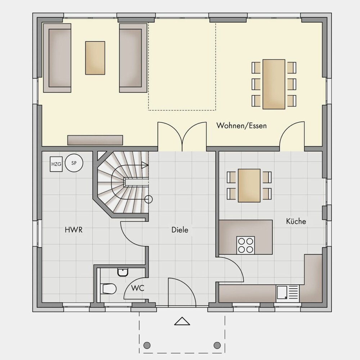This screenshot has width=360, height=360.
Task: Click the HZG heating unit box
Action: coord(56,164)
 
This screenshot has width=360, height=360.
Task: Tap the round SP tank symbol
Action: coord(74,163)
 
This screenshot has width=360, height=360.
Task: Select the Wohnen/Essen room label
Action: coord(242,126)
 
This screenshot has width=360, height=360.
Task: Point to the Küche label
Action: coord(296,221)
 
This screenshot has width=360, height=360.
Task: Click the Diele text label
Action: coord(180,230)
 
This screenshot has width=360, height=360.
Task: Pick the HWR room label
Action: coord(73,230)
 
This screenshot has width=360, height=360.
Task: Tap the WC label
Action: coord(138,288)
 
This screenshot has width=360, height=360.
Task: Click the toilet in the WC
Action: coord(108,289)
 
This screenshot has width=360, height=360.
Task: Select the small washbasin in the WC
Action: coord(123,272)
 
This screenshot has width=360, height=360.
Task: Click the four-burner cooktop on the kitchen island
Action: coord(246,245)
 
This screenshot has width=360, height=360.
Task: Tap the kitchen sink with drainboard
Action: coord(288,294)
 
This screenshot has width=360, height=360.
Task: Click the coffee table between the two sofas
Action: coord(95,58)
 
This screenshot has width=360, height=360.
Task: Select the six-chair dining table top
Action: coord(274,84)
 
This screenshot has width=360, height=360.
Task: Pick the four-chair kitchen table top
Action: coord(249,185)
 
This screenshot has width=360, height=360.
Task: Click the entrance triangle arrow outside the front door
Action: coord(182,321)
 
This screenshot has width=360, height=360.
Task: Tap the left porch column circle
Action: coord(147,345)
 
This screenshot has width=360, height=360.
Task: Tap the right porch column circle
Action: coord(217,345)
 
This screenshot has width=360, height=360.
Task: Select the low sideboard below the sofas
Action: coord(95,140)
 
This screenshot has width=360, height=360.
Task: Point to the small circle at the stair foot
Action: coord(149,199)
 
